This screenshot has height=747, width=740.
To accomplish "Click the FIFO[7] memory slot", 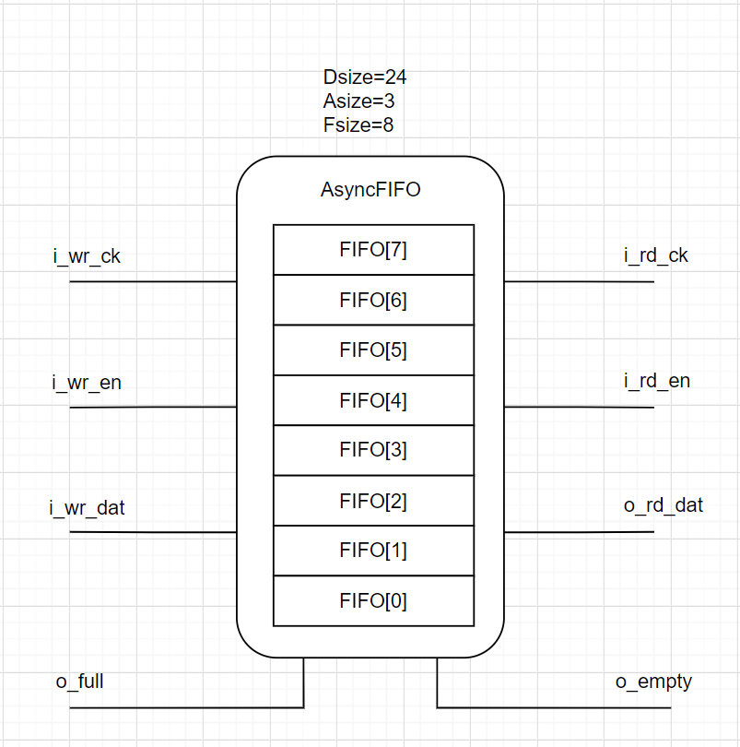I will pos(373,250).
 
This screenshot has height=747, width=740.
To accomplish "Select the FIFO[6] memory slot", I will pos(373,300).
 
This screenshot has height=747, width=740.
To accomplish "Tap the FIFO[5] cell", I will pos(373,350).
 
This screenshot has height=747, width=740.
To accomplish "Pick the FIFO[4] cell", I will pos(373,400).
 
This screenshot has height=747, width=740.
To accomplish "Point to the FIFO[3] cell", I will pos(373,450).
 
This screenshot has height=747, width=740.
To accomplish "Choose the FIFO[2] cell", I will pos(373,501).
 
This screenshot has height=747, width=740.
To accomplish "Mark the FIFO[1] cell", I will pos(373,551).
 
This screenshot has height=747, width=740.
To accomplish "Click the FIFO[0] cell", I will pos(373,601).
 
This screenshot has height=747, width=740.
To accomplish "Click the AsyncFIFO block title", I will pos(370,191).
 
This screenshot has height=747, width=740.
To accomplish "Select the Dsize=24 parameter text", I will pos(365,77).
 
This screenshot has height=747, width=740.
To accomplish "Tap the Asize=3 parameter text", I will pos(359,101).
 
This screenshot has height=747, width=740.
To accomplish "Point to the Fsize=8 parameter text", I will pos(358,125).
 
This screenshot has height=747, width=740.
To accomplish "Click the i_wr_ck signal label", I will pos(87,256).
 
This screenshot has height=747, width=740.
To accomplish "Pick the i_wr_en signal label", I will pos(87,382).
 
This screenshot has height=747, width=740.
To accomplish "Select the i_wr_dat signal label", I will pos(88,507).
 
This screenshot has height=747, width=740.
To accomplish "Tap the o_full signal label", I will pos(79,682).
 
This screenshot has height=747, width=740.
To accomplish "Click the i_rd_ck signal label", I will pos(656,255).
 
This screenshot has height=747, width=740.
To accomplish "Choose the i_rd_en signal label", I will pos(656,381).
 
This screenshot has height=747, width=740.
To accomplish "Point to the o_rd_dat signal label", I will pos(664,505).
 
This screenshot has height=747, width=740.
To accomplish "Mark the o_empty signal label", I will pos(653,682).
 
